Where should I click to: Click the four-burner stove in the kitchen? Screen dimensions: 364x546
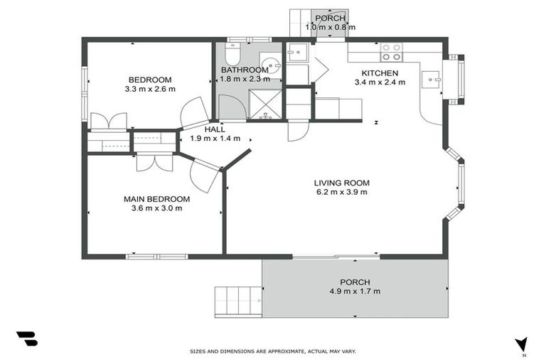click(x=391, y=52)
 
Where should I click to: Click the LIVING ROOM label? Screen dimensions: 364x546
click(x=342, y=183)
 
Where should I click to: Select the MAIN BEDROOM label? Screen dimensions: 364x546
click(x=156, y=199)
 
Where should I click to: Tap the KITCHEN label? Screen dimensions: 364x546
click(x=380, y=73)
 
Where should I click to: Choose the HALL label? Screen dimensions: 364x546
click(x=215, y=129)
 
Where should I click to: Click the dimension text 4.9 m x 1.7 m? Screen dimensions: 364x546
click(x=355, y=291)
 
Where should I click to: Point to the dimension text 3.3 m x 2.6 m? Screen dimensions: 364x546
click(x=149, y=89)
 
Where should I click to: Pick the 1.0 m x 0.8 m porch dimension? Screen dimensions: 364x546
click(x=330, y=27)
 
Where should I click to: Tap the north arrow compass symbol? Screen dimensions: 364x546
click(x=522, y=345)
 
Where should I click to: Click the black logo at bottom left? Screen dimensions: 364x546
click(x=26, y=338)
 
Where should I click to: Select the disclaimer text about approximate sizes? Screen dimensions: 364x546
click(x=272, y=351)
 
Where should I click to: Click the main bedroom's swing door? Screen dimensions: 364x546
click(x=205, y=176)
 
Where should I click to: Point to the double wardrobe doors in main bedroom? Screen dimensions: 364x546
click(x=154, y=162)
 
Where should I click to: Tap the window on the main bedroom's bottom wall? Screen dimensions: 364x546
click(x=156, y=256)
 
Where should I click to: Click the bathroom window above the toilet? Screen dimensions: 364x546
click(x=239, y=39)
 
